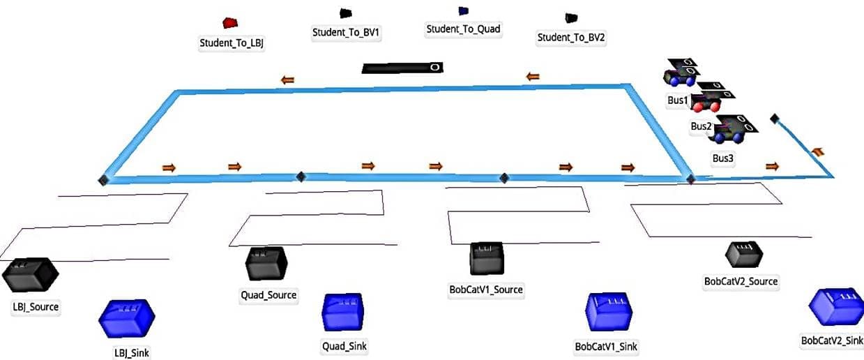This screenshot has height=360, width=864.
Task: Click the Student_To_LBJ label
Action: click(232, 43)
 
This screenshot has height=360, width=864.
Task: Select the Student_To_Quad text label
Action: click(463, 29)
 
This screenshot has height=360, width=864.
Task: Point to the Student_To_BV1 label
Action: click(347, 31)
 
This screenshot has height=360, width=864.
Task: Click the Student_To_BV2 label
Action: click(571, 38)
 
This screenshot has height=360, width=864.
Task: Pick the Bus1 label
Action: click(677, 100)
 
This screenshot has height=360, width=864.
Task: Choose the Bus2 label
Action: click(701, 126)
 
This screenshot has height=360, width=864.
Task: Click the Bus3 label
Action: click(723, 158)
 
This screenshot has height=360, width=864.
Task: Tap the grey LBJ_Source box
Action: click(29, 275)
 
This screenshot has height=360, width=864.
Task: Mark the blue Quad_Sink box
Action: click(343, 311)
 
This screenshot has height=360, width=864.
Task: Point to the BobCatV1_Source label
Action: click(486, 290)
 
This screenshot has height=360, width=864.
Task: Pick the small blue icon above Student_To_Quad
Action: click(463, 11)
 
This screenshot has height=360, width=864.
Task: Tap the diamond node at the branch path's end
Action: click(774, 119)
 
